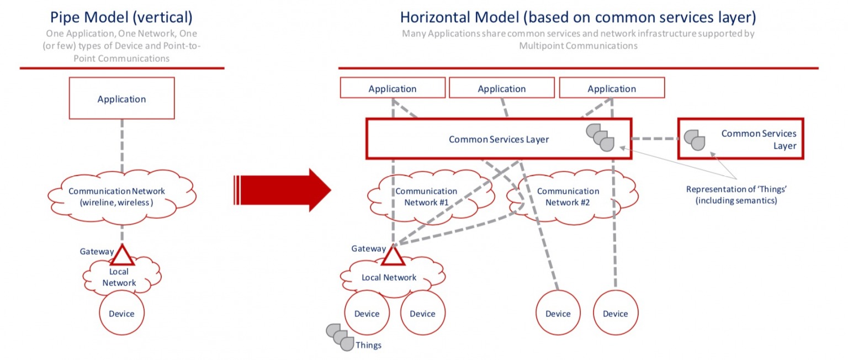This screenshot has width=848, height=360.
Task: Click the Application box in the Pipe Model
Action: click(x=121, y=98)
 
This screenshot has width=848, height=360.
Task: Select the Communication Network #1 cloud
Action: click(x=431, y=196)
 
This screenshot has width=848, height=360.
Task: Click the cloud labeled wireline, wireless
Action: click(x=121, y=197)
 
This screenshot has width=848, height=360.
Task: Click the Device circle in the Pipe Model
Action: click(x=121, y=314)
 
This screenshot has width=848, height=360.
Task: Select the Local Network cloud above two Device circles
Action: click(x=389, y=277)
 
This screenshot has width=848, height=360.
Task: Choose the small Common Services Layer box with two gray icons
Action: click(x=740, y=139)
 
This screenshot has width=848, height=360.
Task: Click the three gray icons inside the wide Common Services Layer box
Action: click(x=600, y=137)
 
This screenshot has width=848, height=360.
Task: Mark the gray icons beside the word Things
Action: click(x=340, y=337)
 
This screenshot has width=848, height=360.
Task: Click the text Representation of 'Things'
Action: click(x=736, y=189)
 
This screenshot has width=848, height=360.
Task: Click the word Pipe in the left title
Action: click(x=63, y=17)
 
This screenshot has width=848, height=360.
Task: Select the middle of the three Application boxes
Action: click(x=501, y=88)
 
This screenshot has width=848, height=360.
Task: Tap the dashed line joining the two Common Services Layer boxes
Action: click(x=654, y=139)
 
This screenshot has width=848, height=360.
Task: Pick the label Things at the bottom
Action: click(x=368, y=346)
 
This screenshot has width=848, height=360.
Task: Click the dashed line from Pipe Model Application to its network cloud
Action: click(x=122, y=146)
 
